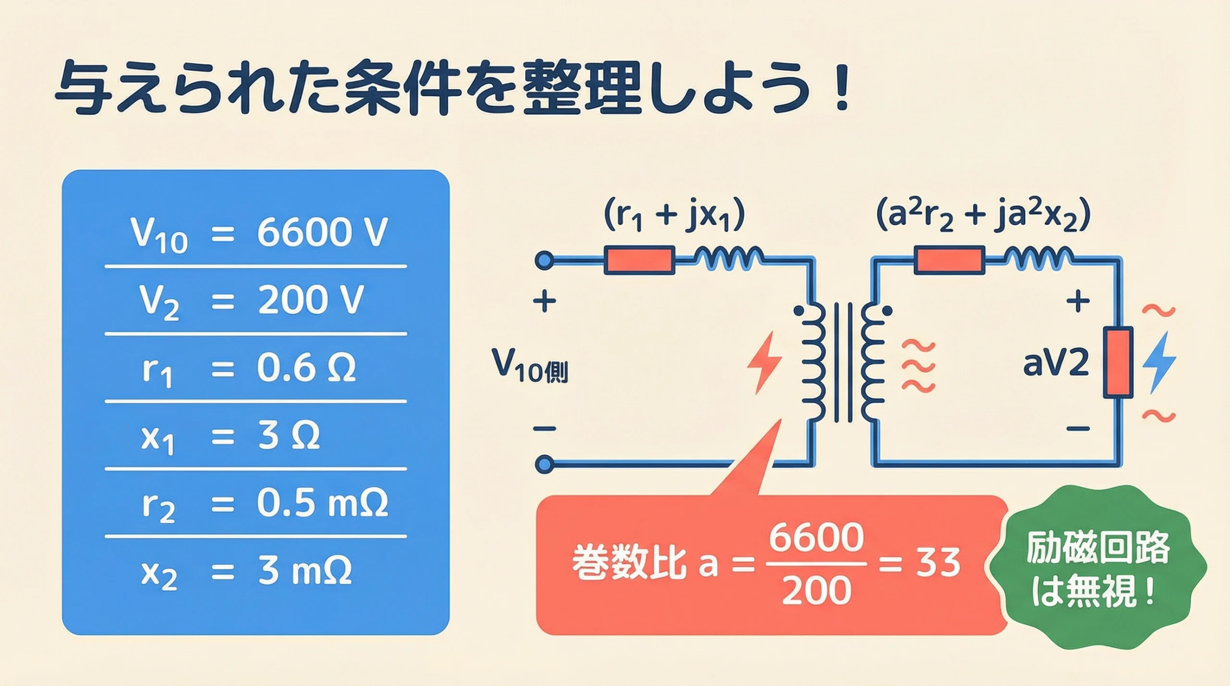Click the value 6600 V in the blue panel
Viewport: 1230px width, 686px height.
point(321,233)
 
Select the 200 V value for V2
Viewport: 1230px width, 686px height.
point(310,300)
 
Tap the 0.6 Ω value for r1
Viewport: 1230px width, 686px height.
point(306,368)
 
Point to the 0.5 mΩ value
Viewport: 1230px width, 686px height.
point(322,503)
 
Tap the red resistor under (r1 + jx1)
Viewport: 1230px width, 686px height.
point(639,260)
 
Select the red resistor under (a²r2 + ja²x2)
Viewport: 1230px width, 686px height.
point(949,260)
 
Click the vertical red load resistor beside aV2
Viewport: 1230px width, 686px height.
point(1118,362)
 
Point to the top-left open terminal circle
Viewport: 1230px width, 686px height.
point(544,261)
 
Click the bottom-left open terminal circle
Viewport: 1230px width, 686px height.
point(544,464)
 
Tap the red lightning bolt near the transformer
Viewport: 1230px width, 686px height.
point(764,362)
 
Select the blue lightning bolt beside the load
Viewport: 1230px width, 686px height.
point(1159,362)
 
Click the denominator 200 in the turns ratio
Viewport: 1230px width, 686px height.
point(816,590)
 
